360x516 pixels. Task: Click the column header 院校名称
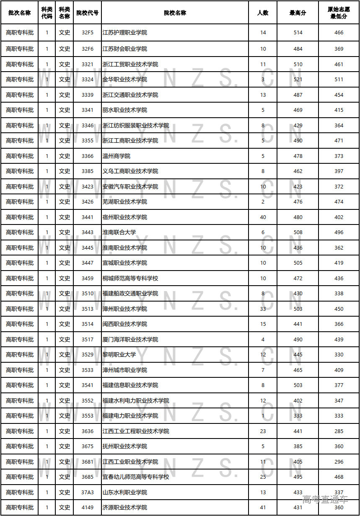point(175,13)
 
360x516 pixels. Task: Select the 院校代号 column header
point(88,13)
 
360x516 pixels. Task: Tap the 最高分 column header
point(298,13)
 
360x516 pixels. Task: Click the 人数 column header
point(263,13)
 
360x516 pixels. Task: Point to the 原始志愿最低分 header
point(339,13)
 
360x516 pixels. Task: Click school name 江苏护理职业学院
point(125,33)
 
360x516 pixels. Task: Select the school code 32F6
point(88,49)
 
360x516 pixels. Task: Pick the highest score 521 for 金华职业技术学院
point(298,80)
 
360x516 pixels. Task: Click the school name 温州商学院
point(117,156)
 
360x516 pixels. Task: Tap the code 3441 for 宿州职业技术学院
point(88,217)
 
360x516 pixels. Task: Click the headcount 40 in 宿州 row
point(263,217)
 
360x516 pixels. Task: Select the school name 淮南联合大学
point(119,232)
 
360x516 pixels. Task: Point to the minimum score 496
point(339,232)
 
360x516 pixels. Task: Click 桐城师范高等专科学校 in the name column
point(130,279)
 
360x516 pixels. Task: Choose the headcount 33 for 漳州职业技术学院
point(263,309)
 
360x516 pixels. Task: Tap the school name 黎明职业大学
point(119,355)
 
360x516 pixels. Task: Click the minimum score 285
point(339,431)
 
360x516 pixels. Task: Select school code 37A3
point(88,493)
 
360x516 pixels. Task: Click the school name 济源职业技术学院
point(125,508)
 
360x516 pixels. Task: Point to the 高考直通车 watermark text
point(325,499)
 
